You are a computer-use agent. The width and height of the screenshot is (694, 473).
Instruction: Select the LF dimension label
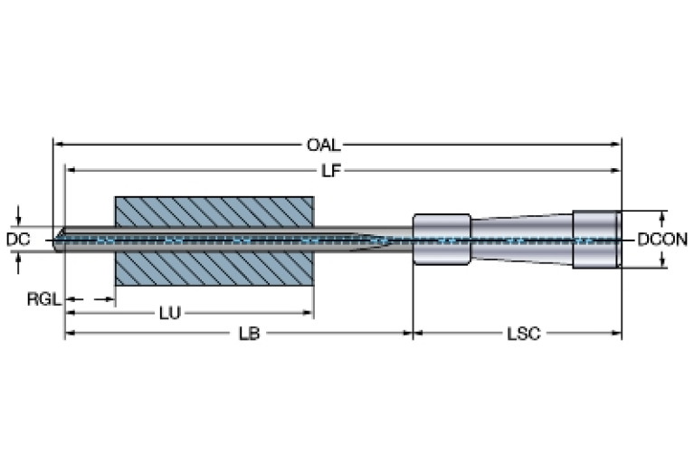331,170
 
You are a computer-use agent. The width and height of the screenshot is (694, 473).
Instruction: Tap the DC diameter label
18,240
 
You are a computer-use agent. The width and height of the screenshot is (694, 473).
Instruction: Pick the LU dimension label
169,314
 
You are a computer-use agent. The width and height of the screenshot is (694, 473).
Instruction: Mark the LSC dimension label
524,334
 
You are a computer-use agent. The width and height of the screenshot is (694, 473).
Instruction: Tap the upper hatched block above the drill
214,213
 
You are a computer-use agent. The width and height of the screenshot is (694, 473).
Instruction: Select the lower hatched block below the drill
214,268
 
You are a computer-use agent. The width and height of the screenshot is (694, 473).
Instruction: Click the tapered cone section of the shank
521,240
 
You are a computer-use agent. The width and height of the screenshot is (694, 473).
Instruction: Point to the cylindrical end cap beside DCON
596,240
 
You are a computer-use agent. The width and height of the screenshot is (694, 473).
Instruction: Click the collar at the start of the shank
442,240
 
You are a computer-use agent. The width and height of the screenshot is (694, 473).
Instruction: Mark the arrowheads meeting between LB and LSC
413,334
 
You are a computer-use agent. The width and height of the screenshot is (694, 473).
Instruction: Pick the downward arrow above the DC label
19,220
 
